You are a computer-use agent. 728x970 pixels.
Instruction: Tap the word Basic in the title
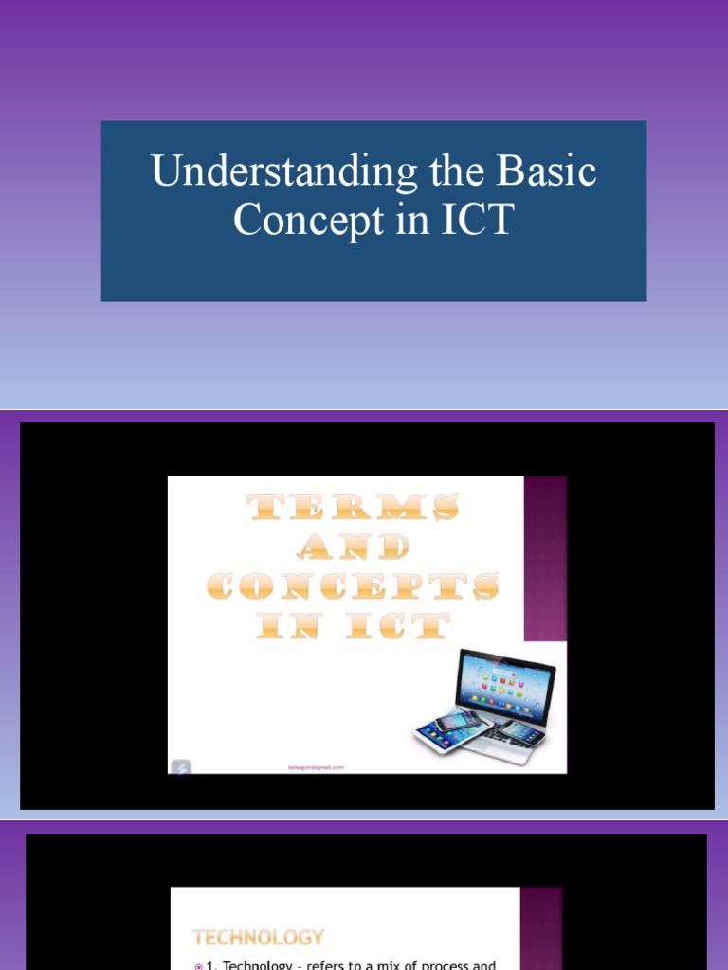tap(549, 172)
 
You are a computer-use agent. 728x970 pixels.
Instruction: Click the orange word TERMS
tap(354, 509)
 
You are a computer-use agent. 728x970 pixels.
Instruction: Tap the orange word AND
tap(354, 547)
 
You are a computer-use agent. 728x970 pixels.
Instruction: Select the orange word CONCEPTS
tap(354, 586)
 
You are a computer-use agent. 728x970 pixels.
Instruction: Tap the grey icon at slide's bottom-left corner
tap(180, 766)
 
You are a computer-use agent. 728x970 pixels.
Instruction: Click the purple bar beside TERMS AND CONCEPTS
tap(545, 558)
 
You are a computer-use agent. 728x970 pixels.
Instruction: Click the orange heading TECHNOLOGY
tap(258, 938)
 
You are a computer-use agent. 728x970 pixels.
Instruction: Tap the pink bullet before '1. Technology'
tap(197, 965)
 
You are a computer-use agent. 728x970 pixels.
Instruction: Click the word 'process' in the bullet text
tap(448, 965)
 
